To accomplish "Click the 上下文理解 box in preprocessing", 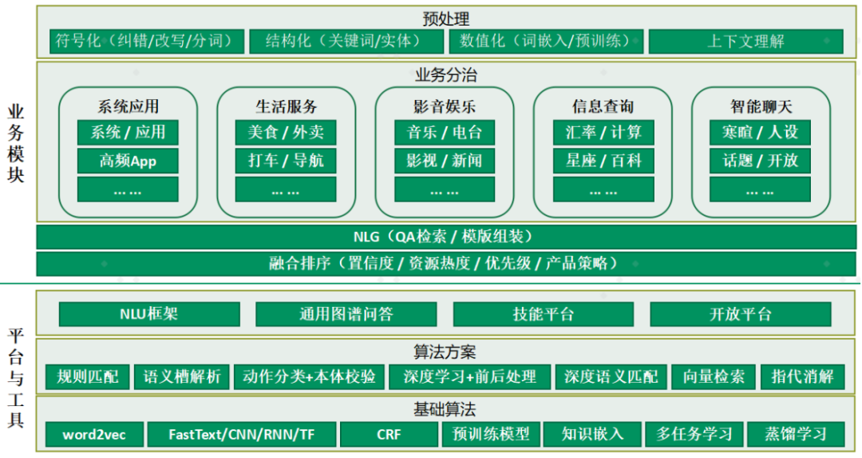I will point(745,41).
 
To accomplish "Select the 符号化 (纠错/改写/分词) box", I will point(140,41).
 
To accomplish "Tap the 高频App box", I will point(128,161).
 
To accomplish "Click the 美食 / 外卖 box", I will point(286,132).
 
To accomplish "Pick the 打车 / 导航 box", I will point(286,161).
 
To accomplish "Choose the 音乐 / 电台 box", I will point(444,132).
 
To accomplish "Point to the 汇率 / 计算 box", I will point(603,132).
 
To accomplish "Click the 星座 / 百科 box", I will point(603,161).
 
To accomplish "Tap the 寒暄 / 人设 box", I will point(760,132).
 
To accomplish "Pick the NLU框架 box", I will point(149,313).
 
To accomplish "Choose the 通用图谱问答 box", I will point(346,313).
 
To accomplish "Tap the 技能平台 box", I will point(543,313).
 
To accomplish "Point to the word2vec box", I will point(93,434).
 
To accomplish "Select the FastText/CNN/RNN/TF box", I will point(241,434).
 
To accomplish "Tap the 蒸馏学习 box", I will point(794,434).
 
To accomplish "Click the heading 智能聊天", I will point(760,106).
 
